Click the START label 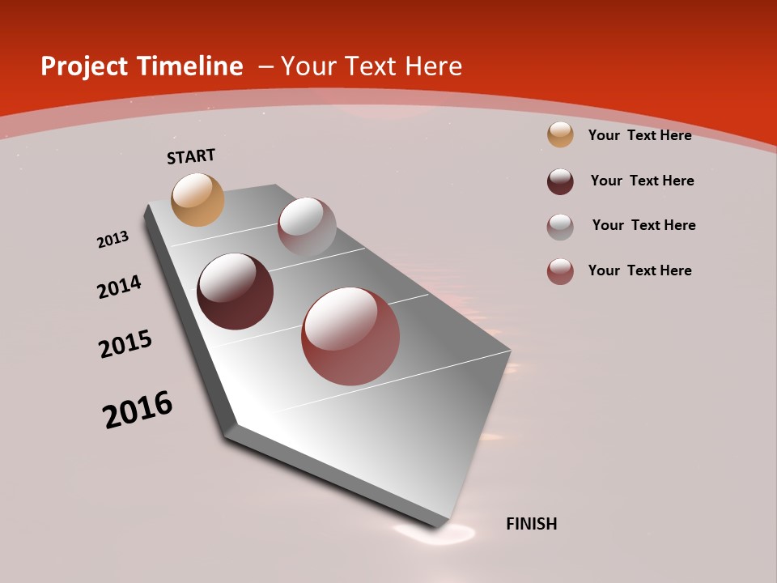(x=191, y=156)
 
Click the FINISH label (x=531, y=524)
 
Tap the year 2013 (x=113, y=240)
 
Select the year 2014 (x=119, y=287)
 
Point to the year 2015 (x=125, y=344)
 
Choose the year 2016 (x=138, y=410)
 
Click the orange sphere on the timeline (x=197, y=199)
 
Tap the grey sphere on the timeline (x=307, y=227)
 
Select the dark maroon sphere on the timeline (x=235, y=291)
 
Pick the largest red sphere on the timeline (x=350, y=336)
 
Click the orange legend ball (x=560, y=134)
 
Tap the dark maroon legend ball (x=560, y=181)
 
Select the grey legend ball (x=560, y=227)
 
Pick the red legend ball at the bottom (x=560, y=271)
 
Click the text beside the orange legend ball (x=639, y=135)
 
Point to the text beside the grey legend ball (x=643, y=225)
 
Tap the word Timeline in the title (x=191, y=66)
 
